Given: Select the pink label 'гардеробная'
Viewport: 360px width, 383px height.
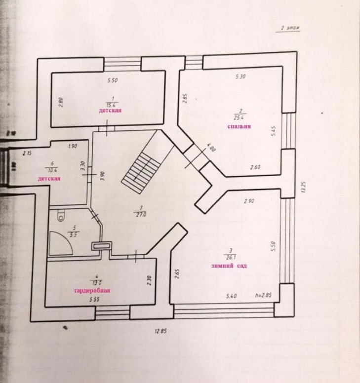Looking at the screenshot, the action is coord(92,291).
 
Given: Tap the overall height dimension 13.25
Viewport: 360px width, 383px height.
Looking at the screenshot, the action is coord(303,188).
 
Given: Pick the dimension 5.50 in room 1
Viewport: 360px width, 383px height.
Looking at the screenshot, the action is coord(113,80).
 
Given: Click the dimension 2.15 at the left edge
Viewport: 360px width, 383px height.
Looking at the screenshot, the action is coord(27,153).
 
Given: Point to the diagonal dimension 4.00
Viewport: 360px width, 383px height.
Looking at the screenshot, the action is coord(211,148).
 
